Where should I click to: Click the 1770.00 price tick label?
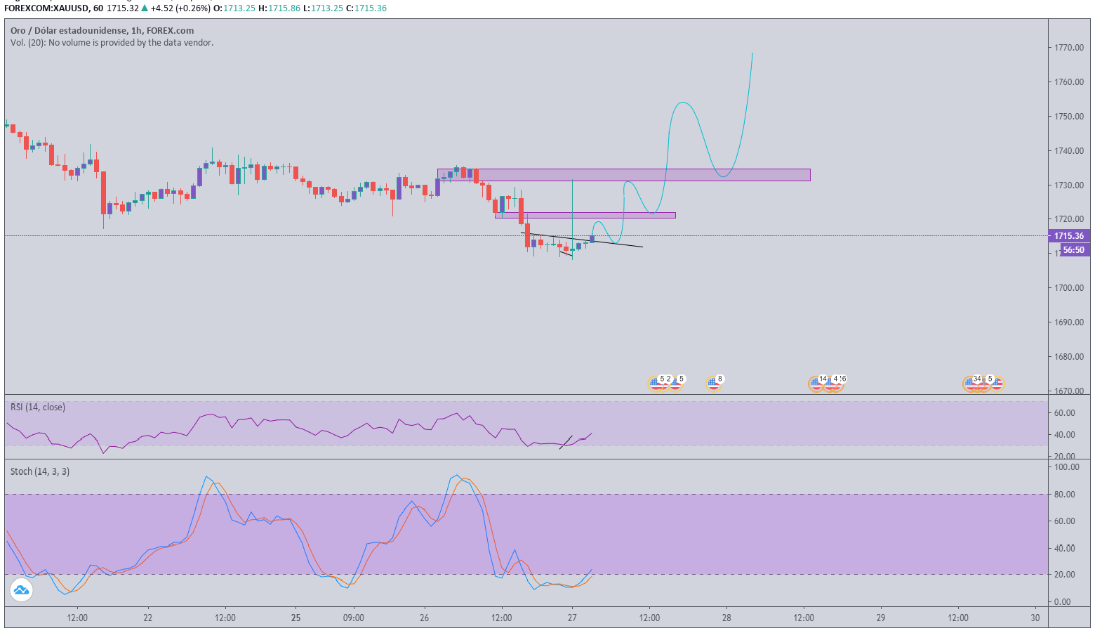point(1069,48)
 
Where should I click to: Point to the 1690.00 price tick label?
point(1069,322)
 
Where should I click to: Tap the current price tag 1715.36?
point(1068,236)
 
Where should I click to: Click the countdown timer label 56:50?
point(1073,250)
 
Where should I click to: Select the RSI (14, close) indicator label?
point(38,407)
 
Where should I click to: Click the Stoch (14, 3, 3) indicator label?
point(40,471)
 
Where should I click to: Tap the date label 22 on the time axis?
point(147,618)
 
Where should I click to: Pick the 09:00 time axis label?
point(353,618)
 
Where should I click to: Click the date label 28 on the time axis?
point(726,618)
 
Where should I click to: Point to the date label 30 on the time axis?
point(1035,618)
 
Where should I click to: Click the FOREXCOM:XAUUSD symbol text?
point(46,8)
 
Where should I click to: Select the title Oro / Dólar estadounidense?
point(68,31)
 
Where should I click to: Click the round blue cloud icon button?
point(21,590)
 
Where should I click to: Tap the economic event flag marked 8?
point(714,383)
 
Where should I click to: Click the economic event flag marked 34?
point(972,383)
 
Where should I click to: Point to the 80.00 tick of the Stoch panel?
point(1067,495)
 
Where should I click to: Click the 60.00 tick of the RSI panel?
point(1064,413)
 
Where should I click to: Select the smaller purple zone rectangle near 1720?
point(585,215)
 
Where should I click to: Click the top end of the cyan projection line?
point(752,53)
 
